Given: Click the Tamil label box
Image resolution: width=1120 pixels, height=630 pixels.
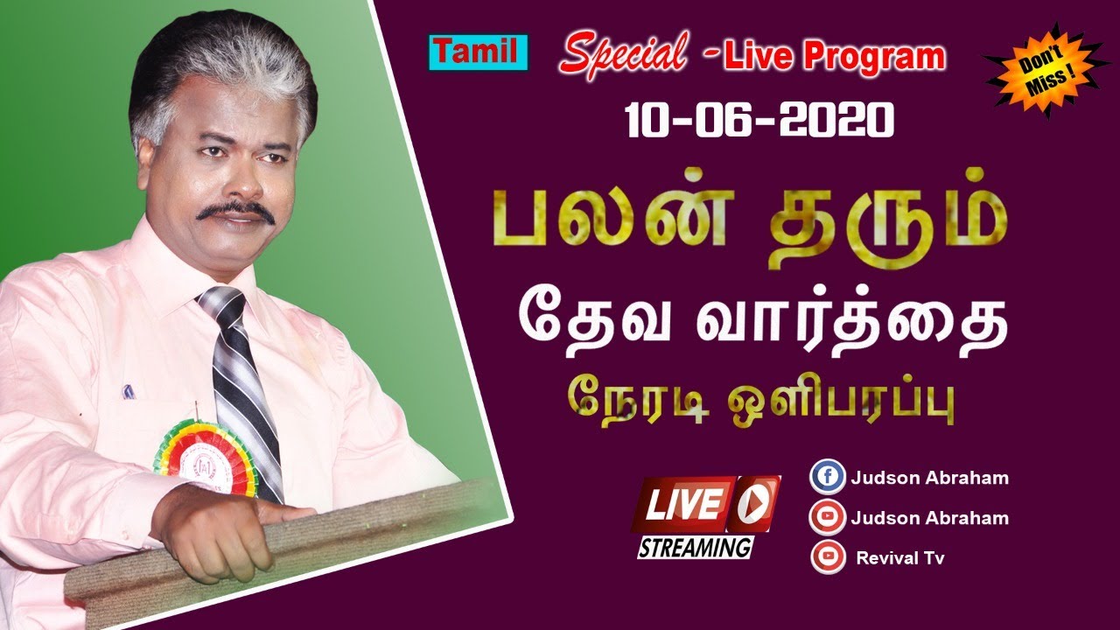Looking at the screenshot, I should point(478,53).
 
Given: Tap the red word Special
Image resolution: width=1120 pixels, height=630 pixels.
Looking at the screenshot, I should point(623,55).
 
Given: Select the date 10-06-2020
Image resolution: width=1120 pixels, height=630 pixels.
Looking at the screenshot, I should point(759,118).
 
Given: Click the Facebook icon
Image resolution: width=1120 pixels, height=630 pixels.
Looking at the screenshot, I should point(828,478).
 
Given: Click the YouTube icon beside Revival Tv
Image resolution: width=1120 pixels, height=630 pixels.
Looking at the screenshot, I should point(828,556).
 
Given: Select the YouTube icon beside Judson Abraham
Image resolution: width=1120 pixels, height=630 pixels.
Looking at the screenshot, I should point(828,517).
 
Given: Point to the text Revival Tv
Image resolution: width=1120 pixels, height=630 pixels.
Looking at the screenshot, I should point(900,557).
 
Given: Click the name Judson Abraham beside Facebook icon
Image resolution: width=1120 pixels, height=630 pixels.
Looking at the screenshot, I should point(929,478).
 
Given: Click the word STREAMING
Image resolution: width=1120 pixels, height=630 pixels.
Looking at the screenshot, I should point(694,548).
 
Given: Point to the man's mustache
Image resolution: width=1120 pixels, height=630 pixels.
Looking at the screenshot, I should point(234,211).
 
